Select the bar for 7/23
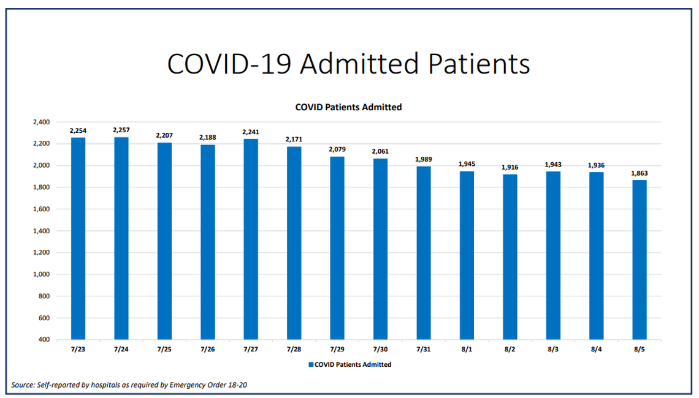[78, 239]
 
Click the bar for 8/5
[639, 260]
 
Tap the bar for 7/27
[251, 239]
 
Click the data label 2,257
[121, 130]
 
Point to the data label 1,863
[639, 173]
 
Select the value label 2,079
[337, 149]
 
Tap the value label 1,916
[510, 167]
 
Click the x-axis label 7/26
[207, 350]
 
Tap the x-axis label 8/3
[552, 350]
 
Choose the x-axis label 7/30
[380, 350]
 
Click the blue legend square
[311, 364]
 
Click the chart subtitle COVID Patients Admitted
[348, 107]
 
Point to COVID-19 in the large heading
[229, 64]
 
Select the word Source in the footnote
[23, 385]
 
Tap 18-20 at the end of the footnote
[237, 385]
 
